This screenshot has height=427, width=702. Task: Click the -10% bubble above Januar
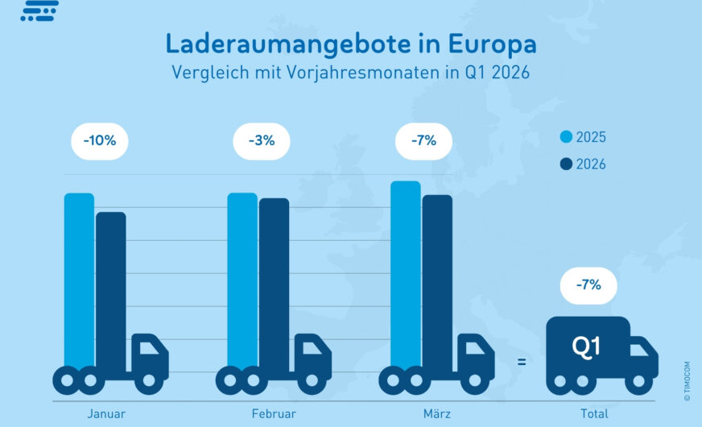(x=100, y=140)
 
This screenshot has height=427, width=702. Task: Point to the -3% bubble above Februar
(x=262, y=140)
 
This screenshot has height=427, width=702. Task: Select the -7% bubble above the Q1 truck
(x=588, y=285)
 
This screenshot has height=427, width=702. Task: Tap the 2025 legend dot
(x=566, y=138)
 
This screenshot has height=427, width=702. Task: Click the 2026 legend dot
(x=566, y=164)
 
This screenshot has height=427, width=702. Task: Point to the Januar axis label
(x=106, y=414)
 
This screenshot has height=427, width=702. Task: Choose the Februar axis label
(x=274, y=414)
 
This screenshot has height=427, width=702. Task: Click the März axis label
(x=438, y=414)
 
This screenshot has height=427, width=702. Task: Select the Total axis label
(x=594, y=414)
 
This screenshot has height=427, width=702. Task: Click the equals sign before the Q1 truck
(x=522, y=363)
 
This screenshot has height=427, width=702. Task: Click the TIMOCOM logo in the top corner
(x=39, y=10)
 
